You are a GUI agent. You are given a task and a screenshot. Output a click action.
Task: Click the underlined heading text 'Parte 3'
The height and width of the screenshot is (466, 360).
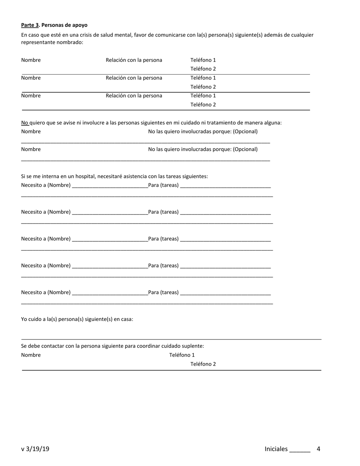point(30,25)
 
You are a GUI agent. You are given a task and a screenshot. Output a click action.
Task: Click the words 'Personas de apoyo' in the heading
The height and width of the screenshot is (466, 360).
point(64,25)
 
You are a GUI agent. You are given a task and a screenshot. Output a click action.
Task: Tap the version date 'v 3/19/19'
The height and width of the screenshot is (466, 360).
point(35,449)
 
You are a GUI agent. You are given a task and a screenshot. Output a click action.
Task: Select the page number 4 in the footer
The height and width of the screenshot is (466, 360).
point(318,449)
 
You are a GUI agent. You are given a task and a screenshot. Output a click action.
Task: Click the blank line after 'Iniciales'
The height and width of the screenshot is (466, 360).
point(300,450)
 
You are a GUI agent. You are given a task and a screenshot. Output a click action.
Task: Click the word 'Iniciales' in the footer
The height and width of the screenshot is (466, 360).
point(276,449)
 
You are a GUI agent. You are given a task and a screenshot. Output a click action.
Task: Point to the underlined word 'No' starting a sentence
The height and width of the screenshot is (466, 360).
point(25,123)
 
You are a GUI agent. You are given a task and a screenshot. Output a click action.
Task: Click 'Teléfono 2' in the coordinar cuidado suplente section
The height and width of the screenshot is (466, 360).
point(203,364)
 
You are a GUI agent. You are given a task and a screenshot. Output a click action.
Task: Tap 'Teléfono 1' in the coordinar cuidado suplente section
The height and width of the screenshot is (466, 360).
point(182,355)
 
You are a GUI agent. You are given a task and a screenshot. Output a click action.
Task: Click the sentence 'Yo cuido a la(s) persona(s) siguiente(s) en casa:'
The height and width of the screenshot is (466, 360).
point(77,319)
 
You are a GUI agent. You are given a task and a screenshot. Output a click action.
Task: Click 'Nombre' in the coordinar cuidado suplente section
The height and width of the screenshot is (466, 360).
point(31,355)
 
